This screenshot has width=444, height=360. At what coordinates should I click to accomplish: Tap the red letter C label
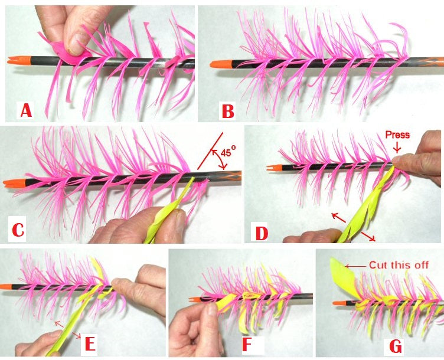tap(18, 229)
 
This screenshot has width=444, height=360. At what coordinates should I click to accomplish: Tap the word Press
tap(397, 135)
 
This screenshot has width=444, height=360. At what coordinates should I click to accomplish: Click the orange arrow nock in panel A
tap(16, 60)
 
